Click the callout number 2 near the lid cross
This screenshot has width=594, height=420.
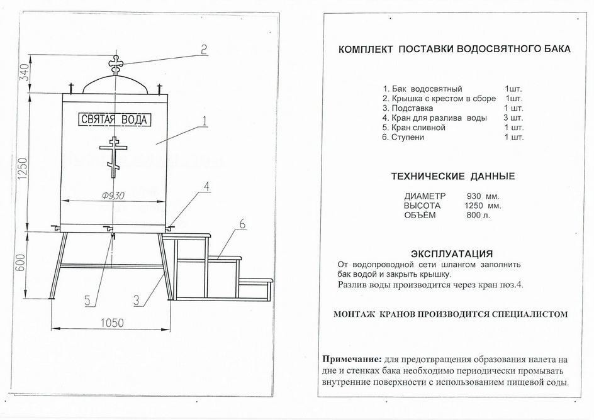coord(203,50)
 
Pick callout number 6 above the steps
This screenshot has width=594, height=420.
coord(242,224)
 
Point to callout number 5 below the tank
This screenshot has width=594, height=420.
coord(89,300)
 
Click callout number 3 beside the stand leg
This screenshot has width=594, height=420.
coord(137,299)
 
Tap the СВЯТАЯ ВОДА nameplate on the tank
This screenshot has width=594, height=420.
coord(115,119)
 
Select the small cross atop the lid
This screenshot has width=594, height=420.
coord(115,63)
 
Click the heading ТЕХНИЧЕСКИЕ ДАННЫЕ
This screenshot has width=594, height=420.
coord(452,176)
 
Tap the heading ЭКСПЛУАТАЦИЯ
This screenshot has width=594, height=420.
coord(451,254)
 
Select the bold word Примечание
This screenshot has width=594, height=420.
coord(352,360)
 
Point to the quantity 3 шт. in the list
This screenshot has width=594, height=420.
coord(513,118)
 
